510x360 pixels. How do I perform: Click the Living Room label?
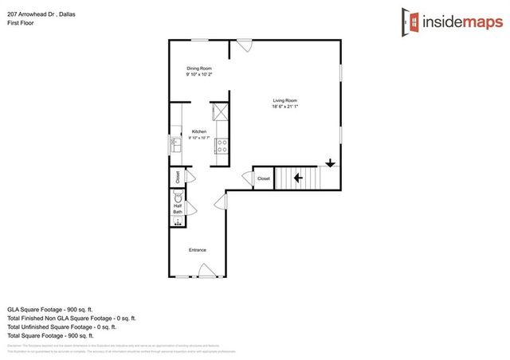click(284, 100)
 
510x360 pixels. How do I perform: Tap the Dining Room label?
click(198, 68)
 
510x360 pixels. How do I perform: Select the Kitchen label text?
click(198, 131)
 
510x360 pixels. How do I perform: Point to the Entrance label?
click(198, 250)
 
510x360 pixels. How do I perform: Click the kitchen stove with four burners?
click(223, 146)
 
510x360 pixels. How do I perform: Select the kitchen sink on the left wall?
click(175, 145)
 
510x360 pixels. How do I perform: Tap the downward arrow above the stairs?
click(330, 163)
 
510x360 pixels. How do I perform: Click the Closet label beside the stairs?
click(264, 179)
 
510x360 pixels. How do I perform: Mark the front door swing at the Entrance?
click(206, 272)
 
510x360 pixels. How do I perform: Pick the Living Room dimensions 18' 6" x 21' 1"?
click(284, 107)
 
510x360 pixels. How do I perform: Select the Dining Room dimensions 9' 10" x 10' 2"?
click(198, 75)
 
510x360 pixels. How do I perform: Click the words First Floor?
click(21, 22)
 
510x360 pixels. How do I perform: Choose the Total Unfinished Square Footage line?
click(61, 327)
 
